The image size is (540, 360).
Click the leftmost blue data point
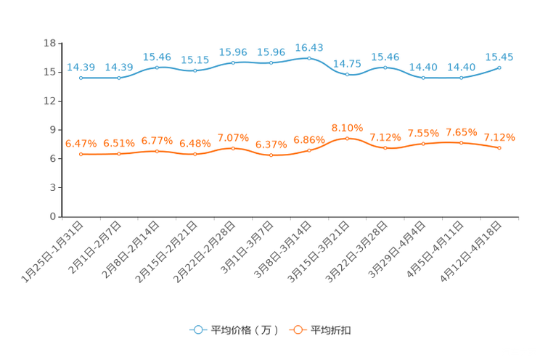click(x=81, y=78)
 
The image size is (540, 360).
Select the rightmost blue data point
click(x=499, y=67)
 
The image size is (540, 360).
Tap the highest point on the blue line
click(x=309, y=58)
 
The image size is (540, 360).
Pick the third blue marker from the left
click(x=157, y=67)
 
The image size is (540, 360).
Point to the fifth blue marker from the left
click(x=233, y=63)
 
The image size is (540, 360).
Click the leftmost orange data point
click(x=81, y=155)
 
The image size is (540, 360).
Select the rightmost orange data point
click(x=499, y=148)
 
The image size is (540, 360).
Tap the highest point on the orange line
click(x=347, y=138)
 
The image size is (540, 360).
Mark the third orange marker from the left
click(x=157, y=151)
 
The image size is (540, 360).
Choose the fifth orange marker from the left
click(x=233, y=148)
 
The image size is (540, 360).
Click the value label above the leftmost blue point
click(x=80, y=67)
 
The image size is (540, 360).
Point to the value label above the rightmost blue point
click(x=499, y=57)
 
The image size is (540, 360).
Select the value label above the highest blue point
click(x=309, y=47)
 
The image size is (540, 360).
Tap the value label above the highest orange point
click(x=347, y=127)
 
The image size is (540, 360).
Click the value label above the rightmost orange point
click(x=499, y=137)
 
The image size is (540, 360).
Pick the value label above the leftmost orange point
click(x=80, y=144)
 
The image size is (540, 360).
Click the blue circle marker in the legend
click(x=197, y=330)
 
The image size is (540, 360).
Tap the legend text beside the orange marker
click(x=331, y=330)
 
